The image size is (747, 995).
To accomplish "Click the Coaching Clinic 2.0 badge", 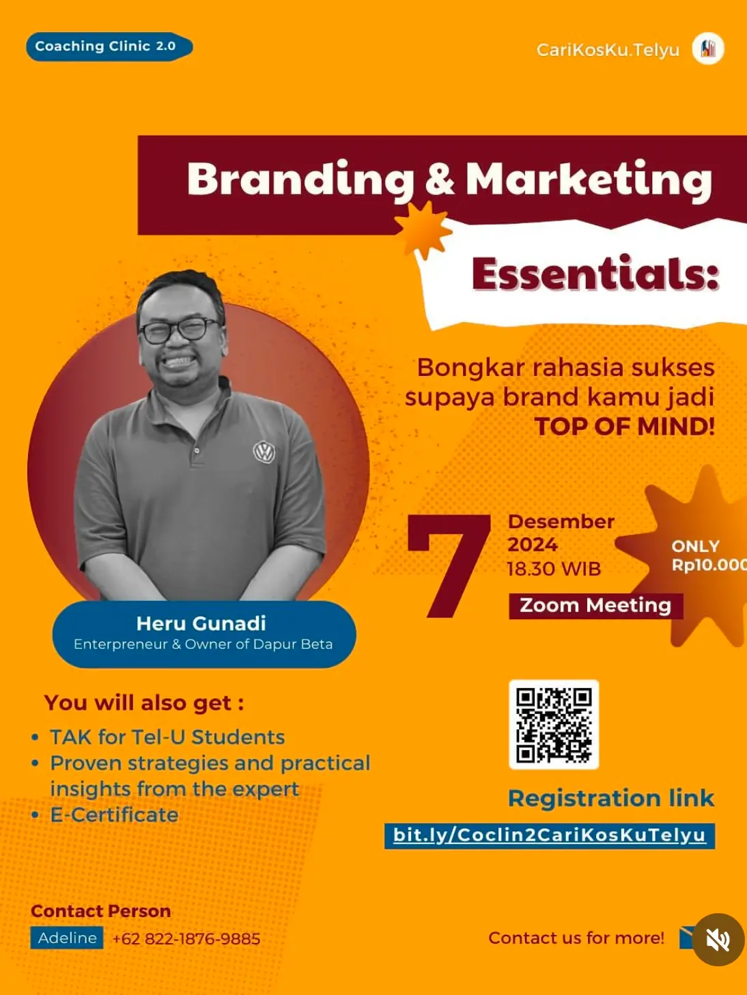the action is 109,46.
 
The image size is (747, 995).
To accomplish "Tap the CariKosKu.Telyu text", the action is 608,50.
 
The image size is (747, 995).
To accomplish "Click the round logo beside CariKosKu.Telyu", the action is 708,48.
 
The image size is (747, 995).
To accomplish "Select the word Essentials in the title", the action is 595,274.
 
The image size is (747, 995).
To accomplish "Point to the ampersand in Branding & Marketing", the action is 440,179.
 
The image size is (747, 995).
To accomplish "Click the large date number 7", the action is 449,566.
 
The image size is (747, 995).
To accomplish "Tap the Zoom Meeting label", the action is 595,605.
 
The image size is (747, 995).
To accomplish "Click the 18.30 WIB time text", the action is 554,569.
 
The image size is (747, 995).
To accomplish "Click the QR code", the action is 554,724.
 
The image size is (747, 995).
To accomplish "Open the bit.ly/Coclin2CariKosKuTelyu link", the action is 550,836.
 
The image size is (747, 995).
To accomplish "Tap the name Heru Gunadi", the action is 201,623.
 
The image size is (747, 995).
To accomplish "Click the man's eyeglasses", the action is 180,330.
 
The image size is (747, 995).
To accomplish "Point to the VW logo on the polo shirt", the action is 264,452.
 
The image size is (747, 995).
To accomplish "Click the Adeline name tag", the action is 67,938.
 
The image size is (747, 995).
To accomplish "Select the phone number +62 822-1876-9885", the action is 186,938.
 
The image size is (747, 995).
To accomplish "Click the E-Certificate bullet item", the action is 114,815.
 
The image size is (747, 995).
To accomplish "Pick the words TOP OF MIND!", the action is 625,427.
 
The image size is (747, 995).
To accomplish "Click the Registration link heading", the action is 611,798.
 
